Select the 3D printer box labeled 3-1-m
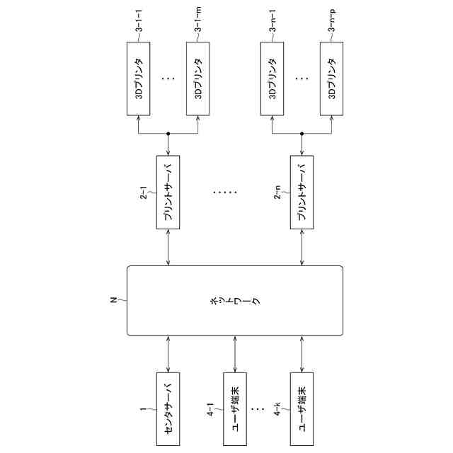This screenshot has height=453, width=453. [x=198, y=79]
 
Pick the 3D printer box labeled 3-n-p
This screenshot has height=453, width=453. [x=331, y=79]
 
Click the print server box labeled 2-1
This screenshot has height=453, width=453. [x=168, y=192]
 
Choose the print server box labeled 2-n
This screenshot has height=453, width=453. [x=302, y=192]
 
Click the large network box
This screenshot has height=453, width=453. [x=234, y=300]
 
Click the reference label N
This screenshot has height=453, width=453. [x=113, y=300]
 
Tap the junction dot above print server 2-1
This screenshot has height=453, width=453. [x=168, y=133]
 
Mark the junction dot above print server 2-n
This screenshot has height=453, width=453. [x=302, y=133]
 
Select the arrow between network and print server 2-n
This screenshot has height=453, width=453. [x=302, y=247]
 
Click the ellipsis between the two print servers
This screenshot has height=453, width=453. [x=226, y=192]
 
